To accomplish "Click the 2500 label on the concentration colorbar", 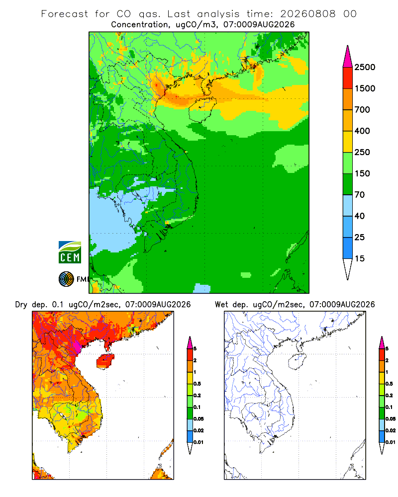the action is point(365,67).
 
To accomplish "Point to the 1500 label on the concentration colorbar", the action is point(365,88).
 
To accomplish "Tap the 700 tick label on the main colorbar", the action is point(362,110).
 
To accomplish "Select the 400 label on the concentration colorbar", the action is point(362,131).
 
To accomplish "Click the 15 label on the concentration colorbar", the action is point(360,258).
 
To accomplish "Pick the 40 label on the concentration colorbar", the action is point(360,216).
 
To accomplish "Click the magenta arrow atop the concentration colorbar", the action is point(348,57).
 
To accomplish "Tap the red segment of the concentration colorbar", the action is point(348,78).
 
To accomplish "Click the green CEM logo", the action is point(70,252).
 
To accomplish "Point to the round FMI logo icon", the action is point(66,279).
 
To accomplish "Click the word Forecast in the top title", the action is point(65,14).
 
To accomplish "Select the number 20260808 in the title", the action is point(307,14).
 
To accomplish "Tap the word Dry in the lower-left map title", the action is point(21,305).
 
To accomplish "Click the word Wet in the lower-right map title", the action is point(221,305).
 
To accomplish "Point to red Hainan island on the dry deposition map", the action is point(105,361).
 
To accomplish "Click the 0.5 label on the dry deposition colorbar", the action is point(197,384).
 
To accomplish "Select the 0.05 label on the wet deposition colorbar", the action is point(391,419).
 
